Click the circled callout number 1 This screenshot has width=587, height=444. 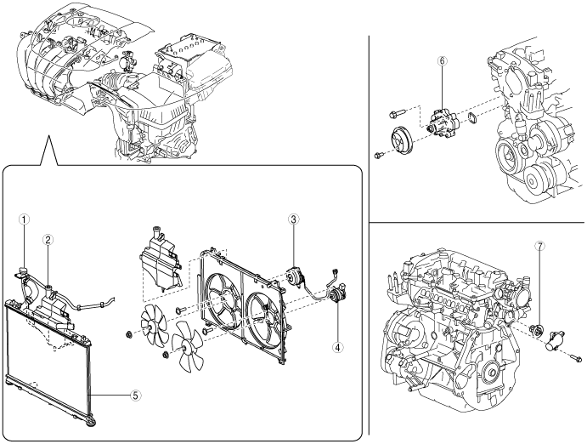coord(25,219)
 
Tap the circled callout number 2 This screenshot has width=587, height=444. coord(48,240)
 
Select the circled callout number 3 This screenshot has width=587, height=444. coord(294,219)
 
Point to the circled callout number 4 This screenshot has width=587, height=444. coord(338,347)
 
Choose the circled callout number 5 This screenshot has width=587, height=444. coord(136,395)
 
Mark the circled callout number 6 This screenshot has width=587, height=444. coord(443,60)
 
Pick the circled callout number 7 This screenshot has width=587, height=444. coord(539,246)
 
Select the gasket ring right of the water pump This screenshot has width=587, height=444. coord(473,117)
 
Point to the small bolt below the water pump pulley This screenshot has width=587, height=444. coord(379,154)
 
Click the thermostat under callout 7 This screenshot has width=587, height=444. coord(537,330)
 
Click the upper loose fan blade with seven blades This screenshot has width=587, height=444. coord(152,324)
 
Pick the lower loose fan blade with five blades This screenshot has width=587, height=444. coord(187,345)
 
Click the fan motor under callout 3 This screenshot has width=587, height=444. coord(296,277)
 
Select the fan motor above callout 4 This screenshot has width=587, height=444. coord(338,292)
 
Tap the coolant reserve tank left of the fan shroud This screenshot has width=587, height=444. coord(159,262)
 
